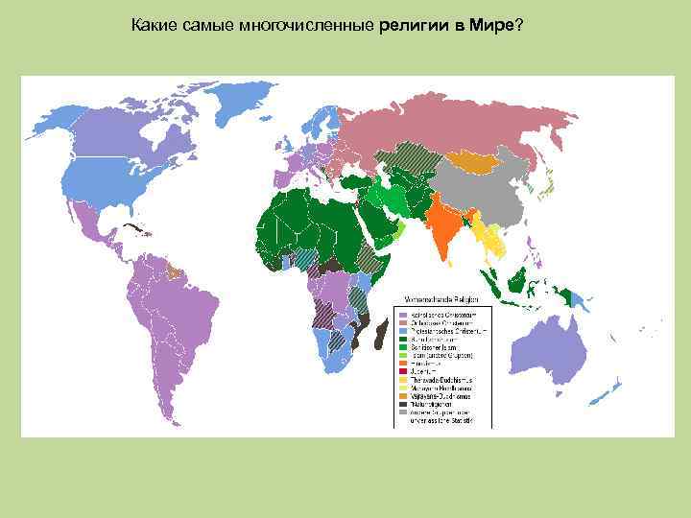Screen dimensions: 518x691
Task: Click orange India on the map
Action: (443, 226)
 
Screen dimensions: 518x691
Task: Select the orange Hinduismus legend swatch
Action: (404, 364)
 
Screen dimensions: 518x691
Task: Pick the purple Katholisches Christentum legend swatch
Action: (404, 315)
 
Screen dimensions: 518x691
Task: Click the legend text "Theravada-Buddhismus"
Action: (442, 380)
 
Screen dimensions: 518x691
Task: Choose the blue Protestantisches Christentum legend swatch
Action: (404, 331)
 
